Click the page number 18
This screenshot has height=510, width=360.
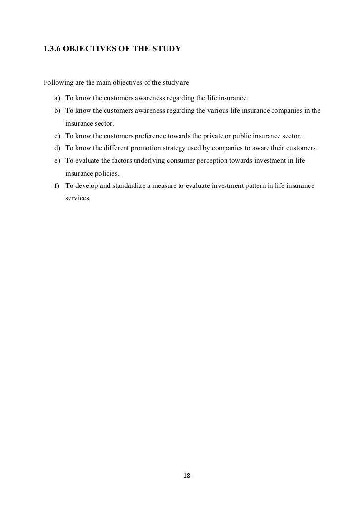pyautogui.click(x=186, y=476)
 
